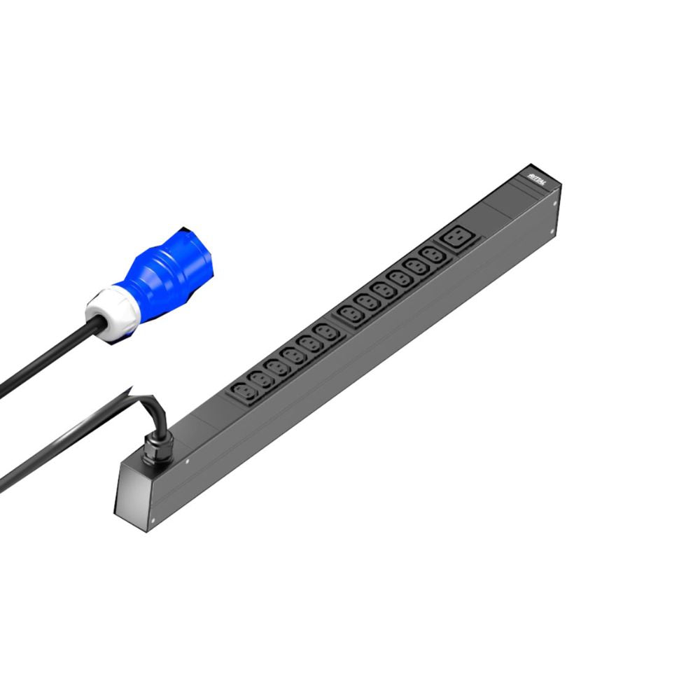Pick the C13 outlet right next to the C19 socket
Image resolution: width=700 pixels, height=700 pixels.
click(x=431, y=257)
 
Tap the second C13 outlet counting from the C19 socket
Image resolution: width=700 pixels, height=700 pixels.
click(x=416, y=268)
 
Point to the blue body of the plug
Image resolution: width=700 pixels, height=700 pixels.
click(x=164, y=269)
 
